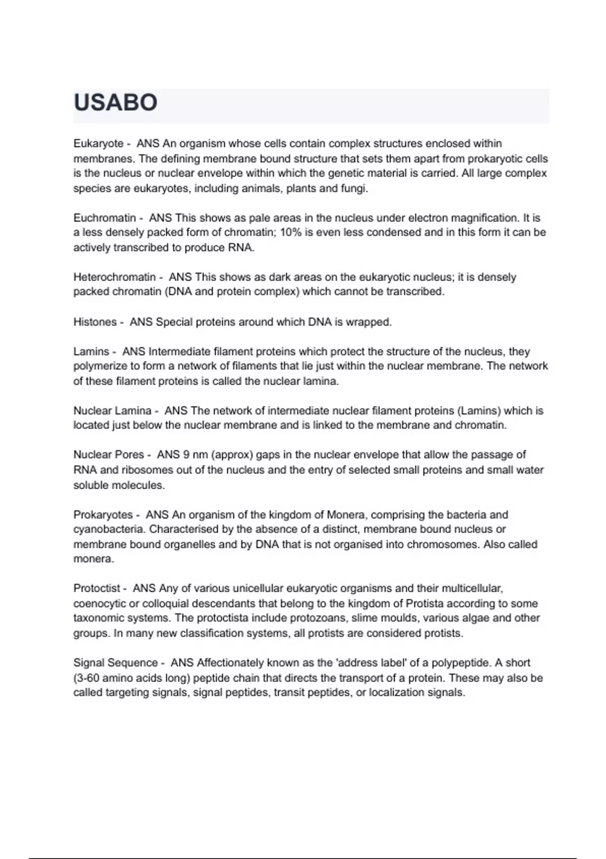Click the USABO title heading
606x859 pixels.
[x=116, y=103]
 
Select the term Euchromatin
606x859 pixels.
[x=105, y=218]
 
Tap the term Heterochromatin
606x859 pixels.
[x=115, y=277]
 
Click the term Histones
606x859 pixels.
[x=95, y=322]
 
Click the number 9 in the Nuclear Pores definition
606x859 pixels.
[x=186, y=455]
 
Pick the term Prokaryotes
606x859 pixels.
[x=103, y=515]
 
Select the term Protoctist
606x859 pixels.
[x=97, y=589]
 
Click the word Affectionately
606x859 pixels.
[x=230, y=663]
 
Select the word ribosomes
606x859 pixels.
[x=144, y=470]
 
